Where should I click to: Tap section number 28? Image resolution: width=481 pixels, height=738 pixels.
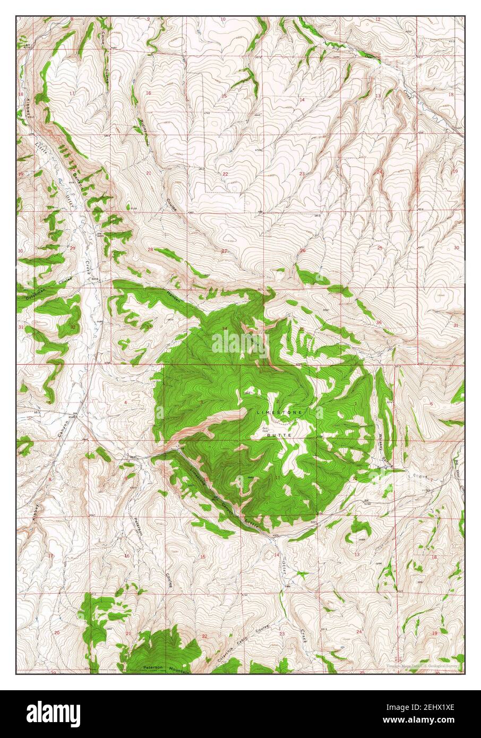point(150,250)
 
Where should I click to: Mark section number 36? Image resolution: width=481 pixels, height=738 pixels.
point(379,322)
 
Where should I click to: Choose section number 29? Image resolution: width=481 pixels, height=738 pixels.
point(72,248)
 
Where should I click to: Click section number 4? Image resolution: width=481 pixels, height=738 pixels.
point(125,402)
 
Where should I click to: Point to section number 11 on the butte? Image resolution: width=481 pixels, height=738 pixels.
point(278,478)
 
